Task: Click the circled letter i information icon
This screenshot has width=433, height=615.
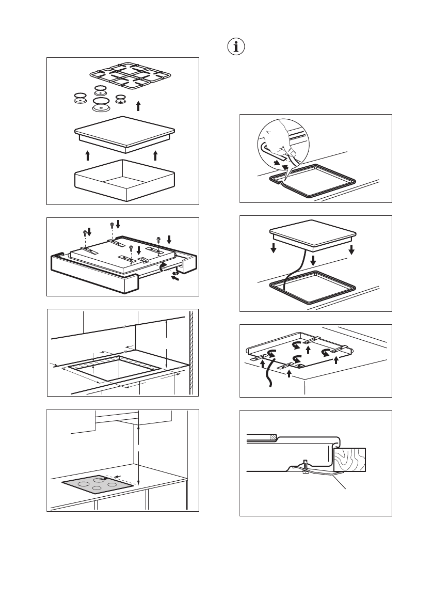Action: [x=237, y=46]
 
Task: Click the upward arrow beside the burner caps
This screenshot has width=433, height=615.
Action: [x=138, y=106]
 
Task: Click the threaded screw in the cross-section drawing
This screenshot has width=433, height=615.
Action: [x=306, y=466]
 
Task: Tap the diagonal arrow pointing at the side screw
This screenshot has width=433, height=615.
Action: [x=176, y=278]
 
